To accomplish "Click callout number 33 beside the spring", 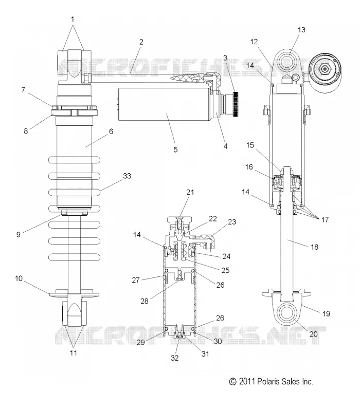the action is (x=127, y=176).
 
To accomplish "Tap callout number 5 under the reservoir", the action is (x=175, y=150).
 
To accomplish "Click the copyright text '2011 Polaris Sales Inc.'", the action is (x=276, y=381).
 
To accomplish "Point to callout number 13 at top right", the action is (x=301, y=30).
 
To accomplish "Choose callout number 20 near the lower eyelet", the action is (x=313, y=334).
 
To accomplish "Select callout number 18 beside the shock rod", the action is (x=314, y=247).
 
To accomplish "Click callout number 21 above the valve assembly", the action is (x=190, y=192).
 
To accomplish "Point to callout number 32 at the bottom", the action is (x=174, y=358).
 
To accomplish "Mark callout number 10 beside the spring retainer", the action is (x=19, y=278).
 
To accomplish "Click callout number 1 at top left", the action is (x=73, y=19).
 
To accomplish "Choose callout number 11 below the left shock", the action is (x=74, y=353).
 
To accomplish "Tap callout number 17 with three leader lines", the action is (x=325, y=220).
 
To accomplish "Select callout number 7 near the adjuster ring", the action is (x=23, y=90).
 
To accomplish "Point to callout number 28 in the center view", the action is (x=145, y=301).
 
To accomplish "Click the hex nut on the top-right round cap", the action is (x=325, y=69).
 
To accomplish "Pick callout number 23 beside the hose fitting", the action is (x=232, y=222).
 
